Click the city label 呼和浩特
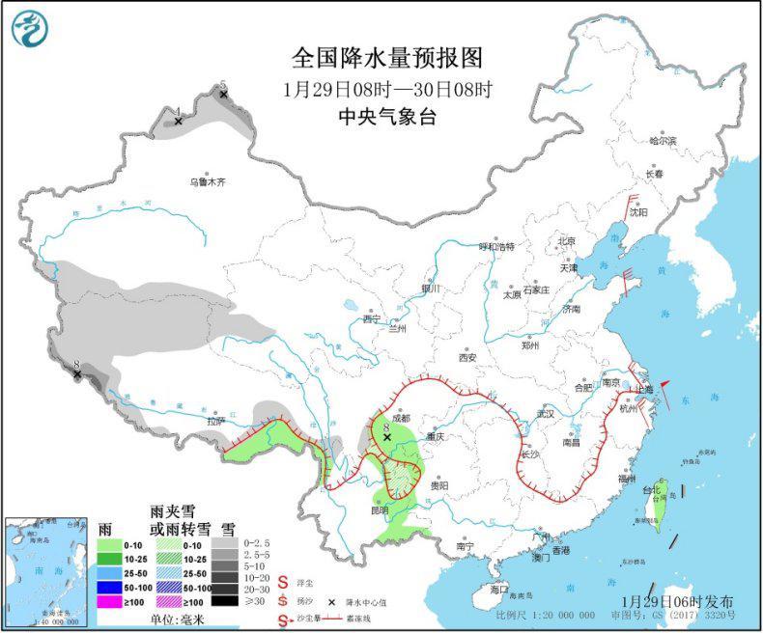tap(497, 246)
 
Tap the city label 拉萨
tap(214, 421)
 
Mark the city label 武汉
tap(546, 414)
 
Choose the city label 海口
tap(498, 589)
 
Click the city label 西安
tap(468, 357)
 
